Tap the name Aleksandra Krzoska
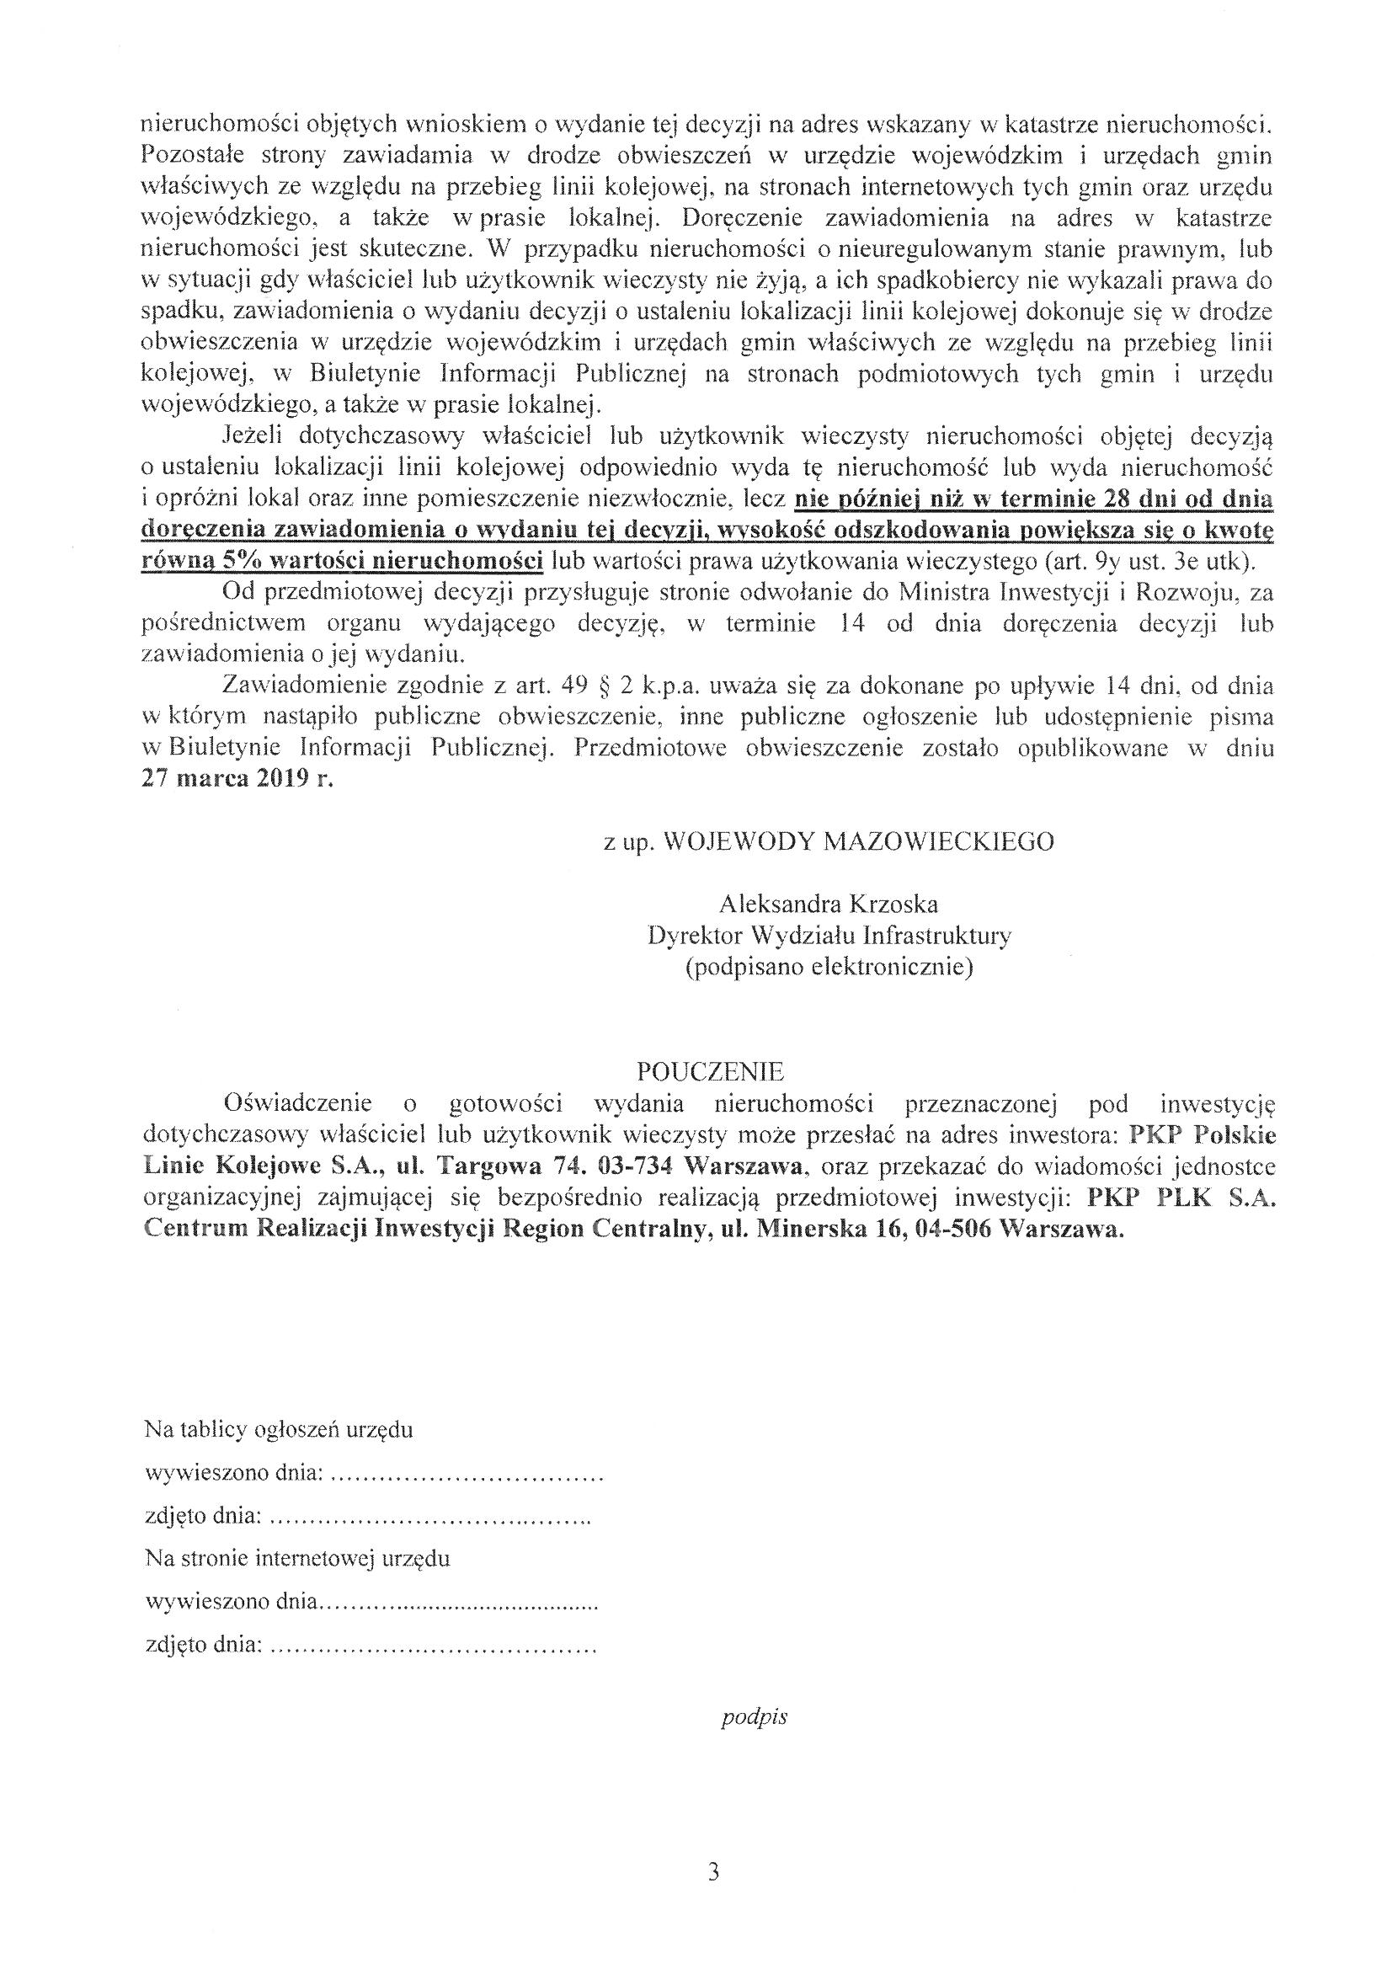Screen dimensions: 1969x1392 (x=829, y=904)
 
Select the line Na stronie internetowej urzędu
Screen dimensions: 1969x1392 (x=297, y=1557)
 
